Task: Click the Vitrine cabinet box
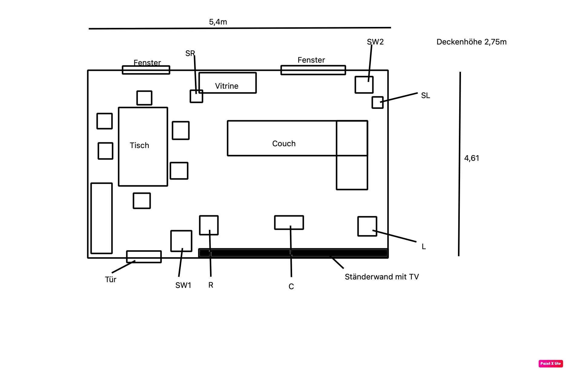[x=227, y=83]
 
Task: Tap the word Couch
[x=284, y=144]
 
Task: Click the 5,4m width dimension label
[x=218, y=22]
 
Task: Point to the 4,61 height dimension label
[x=472, y=158]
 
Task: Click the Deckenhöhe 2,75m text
[x=471, y=42]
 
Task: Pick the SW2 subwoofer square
[x=364, y=85]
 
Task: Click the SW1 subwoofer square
[x=181, y=241]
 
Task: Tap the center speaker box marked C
[x=289, y=223]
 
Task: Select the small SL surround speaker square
[x=377, y=102]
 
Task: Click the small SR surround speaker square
[x=196, y=96]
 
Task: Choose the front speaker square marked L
[x=367, y=226]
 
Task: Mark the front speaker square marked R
[x=209, y=225]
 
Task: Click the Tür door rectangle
[x=144, y=257]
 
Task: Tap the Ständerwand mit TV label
[x=382, y=277]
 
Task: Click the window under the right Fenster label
[x=313, y=70]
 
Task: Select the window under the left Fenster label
[x=146, y=70]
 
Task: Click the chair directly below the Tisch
[x=142, y=201]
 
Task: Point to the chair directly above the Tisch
[x=144, y=98]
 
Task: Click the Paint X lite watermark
[x=551, y=363]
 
